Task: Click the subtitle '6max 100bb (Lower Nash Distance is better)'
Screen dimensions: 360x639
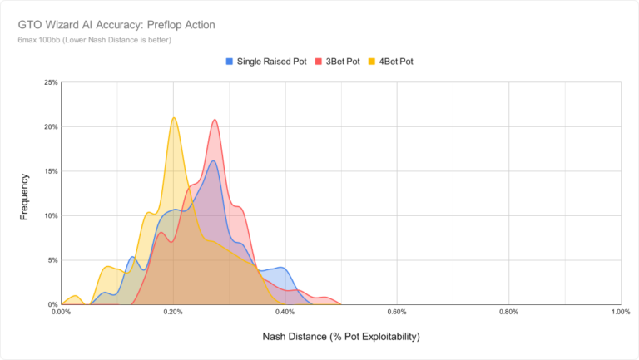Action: (94, 40)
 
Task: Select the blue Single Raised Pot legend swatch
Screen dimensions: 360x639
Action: (230, 62)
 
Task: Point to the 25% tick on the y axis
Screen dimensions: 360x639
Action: (50, 83)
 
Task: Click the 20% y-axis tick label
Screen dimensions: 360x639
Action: (50, 127)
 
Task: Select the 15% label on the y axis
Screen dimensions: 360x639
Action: (50, 171)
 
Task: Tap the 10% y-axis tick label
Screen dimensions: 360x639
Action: (50, 215)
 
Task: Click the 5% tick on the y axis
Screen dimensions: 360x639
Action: (52, 260)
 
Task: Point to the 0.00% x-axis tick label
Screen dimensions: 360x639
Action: (62, 313)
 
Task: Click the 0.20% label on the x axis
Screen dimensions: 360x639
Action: (173, 313)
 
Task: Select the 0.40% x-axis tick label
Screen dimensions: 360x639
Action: (285, 313)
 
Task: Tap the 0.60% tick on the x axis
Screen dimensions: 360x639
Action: (397, 313)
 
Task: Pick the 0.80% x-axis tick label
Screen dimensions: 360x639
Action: (509, 313)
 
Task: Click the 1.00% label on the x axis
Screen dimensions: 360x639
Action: (620, 313)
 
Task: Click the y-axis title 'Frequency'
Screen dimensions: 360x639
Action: (25, 196)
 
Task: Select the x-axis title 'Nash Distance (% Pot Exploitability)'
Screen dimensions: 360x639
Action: (340, 338)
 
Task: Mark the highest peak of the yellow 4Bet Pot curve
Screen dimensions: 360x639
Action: (173, 117)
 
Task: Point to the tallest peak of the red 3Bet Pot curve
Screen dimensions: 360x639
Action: (215, 120)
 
